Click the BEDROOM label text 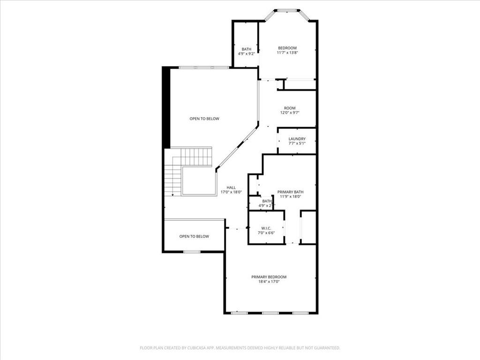coord(287,48)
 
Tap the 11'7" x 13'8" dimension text coord(287,53)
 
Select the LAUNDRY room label coord(297,139)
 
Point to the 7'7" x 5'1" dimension coord(297,144)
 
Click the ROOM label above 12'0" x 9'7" coord(290,108)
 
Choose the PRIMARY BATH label coord(290,192)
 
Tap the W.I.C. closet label coord(266,228)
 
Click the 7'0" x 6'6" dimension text coord(266,233)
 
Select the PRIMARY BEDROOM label coord(269,277)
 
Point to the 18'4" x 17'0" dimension coord(269,282)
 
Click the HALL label coord(231,187)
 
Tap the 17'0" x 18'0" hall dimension coord(231,192)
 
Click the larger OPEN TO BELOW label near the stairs coord(204,119)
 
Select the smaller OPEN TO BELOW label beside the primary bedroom coord(194,236)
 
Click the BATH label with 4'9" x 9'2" coord(247,49)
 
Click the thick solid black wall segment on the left coord(166,108)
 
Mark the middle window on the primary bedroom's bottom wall coord(270,313)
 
